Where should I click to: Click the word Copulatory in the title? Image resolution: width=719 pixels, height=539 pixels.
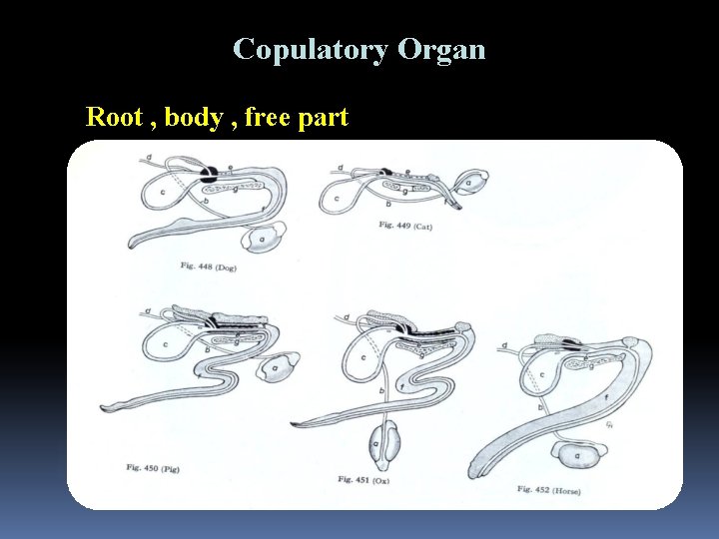coord(310,49)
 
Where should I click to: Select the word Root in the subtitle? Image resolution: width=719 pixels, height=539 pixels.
coord(114,117)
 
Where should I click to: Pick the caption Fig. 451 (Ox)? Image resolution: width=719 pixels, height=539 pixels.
coord(363,480)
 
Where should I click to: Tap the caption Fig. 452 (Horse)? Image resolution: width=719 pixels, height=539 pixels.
coord(548,489)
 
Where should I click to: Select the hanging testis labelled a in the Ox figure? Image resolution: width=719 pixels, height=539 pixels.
coord(383,442)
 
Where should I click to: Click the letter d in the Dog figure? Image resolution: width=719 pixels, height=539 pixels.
coord(148,157)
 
